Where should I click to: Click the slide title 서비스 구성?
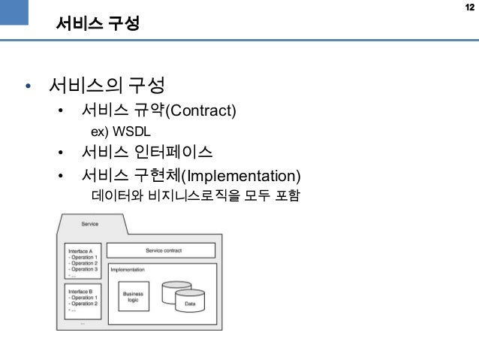pos(98,24)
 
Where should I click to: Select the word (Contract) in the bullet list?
pos(200,112)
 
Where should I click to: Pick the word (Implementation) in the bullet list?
pos(243,177)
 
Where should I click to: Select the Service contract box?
pos(163,250)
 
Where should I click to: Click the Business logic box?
pos(134,298)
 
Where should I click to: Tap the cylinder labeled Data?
pos(189,302)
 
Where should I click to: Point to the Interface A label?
pos(80,250)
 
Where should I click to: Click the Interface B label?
pos(80,291)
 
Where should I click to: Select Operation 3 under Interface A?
pos(83,269)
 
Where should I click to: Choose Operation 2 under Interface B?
pos(83,304)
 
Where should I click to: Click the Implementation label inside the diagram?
pos(128,269)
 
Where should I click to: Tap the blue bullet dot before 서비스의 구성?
pos(28,86)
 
